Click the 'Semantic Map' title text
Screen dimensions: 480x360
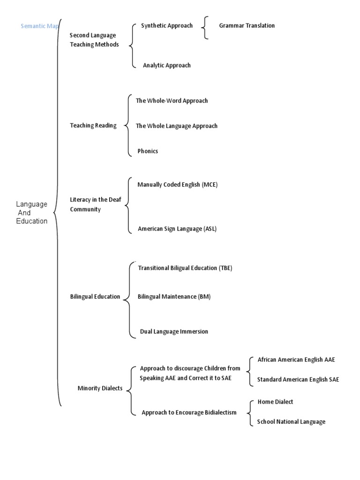[x=40, y=26]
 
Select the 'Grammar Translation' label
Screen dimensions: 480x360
[x=247, y=25]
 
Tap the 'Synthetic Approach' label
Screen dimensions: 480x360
[x=166, y=25]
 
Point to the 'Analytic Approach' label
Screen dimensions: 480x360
[x=166, y=65]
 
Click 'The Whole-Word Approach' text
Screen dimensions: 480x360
[x=172, y=100]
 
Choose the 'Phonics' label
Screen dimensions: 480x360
[x=148, y=151]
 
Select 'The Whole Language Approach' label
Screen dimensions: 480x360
[x=176, y=126]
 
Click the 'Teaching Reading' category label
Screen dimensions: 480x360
[x=93, y=125]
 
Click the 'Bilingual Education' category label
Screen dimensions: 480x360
[x=95, y=296]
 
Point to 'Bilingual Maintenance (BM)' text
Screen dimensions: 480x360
[x=174, y=296]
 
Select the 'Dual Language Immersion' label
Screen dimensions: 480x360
[x=174, y=331]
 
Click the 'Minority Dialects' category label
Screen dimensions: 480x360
[x=100, y=388]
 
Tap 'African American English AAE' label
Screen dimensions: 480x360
[x=296, y=360]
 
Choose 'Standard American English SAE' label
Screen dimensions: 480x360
[x=298, y=379]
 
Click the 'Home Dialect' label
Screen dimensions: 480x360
[x=275, y=402]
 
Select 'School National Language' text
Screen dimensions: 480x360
[x=291, y=421]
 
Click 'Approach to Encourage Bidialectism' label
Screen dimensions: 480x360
[x=189, y=412]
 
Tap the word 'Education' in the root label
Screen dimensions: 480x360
[x=32, y=221]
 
